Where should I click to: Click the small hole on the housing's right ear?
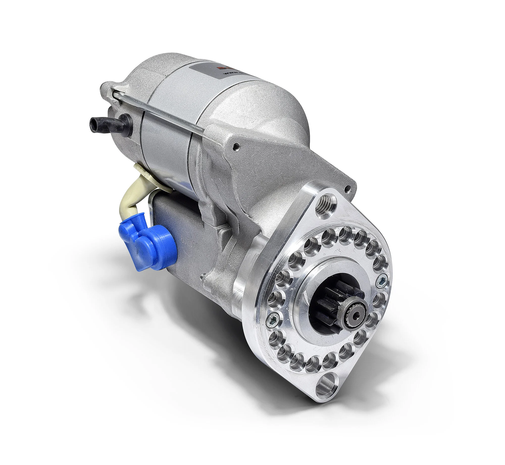tap(348, 188)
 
